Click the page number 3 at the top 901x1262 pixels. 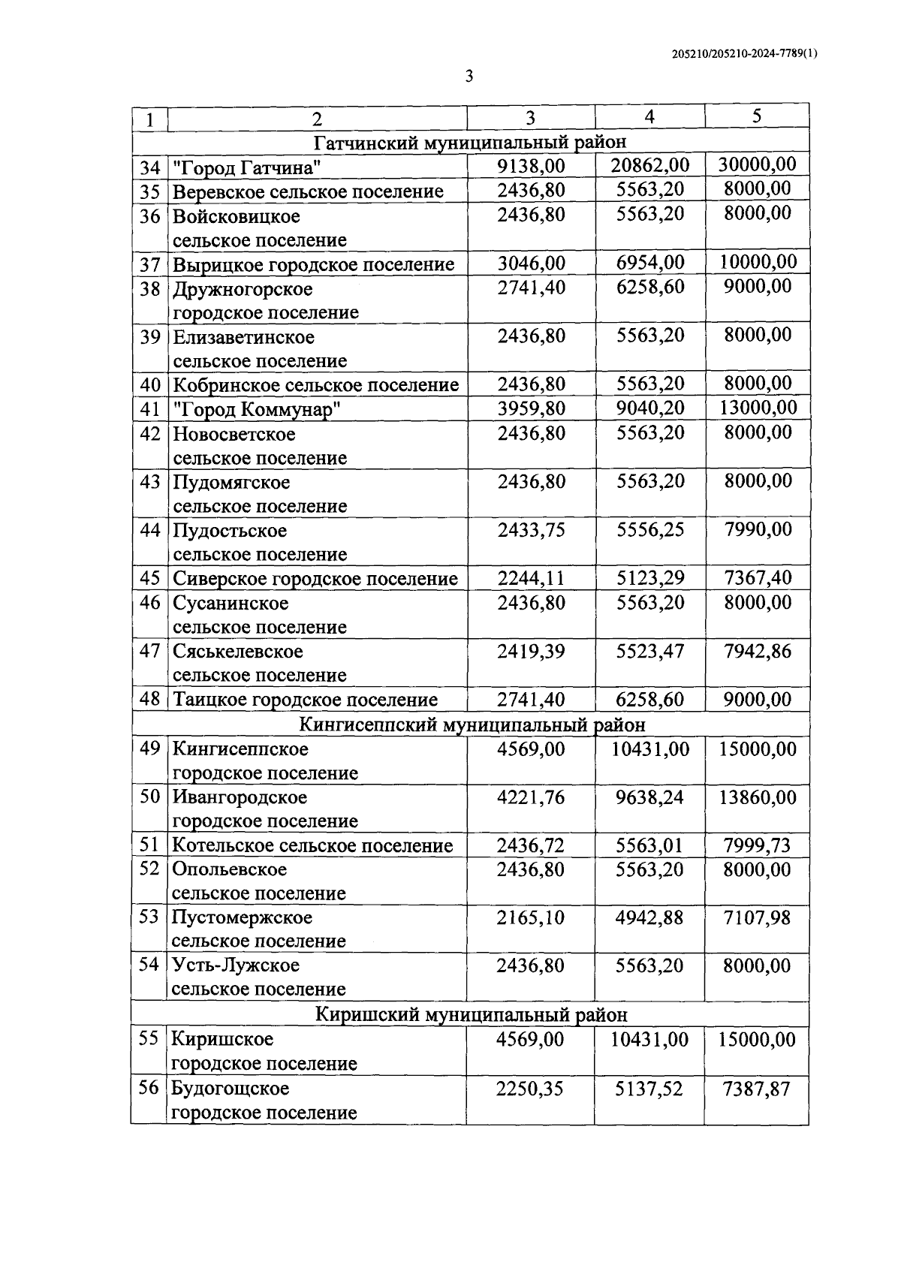469,77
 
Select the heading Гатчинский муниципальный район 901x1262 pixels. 470,142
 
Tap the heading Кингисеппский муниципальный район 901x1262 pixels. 472,725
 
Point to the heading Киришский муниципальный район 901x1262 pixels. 471,1015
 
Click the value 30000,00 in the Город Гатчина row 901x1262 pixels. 757,165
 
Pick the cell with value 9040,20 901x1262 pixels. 650,408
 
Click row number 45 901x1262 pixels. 150,578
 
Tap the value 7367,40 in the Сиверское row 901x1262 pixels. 757,578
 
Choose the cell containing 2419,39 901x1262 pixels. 531,651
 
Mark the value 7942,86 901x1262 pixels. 757,651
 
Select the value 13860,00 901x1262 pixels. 757,797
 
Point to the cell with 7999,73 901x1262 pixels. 757,845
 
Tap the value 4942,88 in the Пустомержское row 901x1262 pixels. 649,917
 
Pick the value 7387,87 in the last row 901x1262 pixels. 756,1088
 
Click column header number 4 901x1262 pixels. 649,116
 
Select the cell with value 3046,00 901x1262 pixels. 531,263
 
